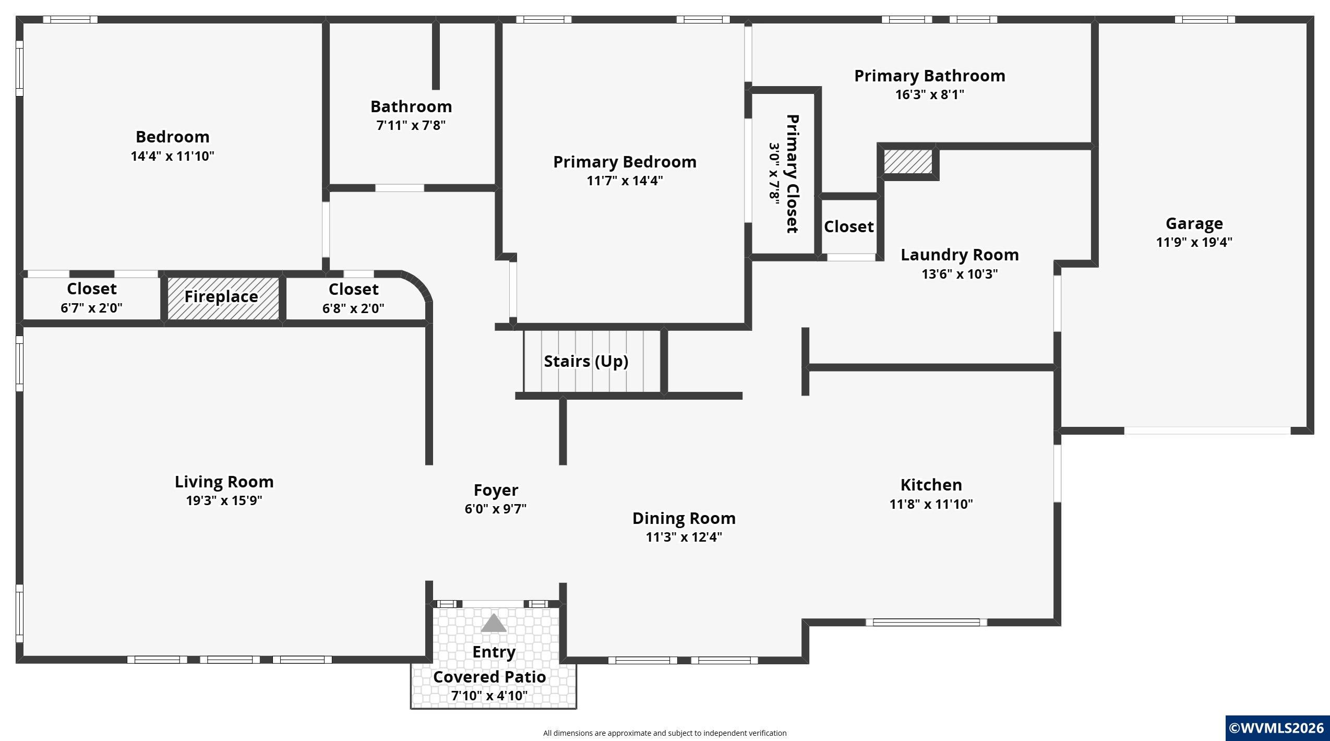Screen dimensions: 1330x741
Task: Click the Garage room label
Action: (1194, 224)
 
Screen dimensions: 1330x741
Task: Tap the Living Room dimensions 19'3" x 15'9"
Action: (224, 500)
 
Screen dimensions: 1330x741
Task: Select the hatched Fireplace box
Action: (223, 298)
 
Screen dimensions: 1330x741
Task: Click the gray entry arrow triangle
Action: (494, 623)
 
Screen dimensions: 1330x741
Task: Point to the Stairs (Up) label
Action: (586, 362)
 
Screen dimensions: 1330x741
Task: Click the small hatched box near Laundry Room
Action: (908, 162)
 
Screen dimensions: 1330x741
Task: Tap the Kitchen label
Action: (931, 485)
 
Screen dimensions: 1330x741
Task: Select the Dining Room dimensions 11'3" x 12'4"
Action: (684, 537)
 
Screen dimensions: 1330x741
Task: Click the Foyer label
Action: (496, 491)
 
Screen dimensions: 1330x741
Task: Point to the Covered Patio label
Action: (489, 677)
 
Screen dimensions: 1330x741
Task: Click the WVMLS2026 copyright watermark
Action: (1277, 728)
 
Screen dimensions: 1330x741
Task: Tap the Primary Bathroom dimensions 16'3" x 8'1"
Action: (929, 95)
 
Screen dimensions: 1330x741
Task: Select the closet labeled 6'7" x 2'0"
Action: (91, 298)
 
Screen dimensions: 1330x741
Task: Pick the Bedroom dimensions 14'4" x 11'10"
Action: (172, 156)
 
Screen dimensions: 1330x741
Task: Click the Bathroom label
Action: (411, 107)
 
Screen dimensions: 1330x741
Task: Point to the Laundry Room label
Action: (960, 255)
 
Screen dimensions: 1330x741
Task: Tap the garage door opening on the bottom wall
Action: (1207, 431)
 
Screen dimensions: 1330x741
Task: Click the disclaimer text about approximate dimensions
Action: (665, 733)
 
